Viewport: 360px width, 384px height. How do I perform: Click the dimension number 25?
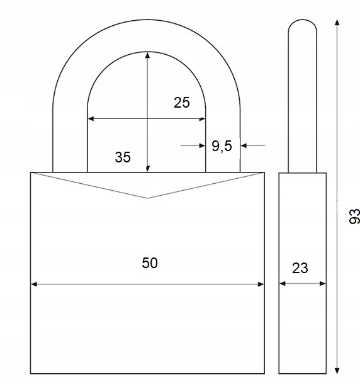[x=181, y=103]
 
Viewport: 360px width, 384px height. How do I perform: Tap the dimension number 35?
[x=123, y=157]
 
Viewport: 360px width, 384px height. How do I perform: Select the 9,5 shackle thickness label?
[x=222, y=146]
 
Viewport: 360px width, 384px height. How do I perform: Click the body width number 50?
[x=150, y=263]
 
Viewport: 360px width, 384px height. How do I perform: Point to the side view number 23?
[x=300, y=268]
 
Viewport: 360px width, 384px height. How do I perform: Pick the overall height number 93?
[x=354, y=217]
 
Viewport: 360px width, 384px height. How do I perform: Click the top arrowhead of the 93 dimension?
[x=337, y=23]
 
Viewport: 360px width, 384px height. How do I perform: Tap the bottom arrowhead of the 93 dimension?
[x=337, y=371]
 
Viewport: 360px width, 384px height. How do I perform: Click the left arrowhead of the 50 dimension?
[x=34, y=284]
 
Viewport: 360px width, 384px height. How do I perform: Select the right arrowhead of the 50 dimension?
[x=261, y=284]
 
